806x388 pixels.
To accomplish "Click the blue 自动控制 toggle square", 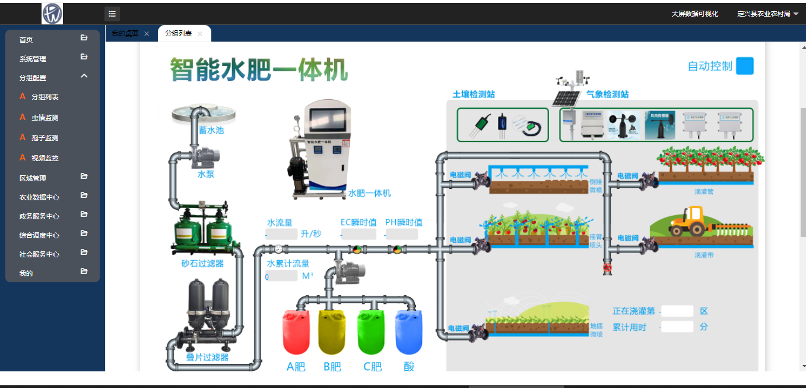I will coord(744,66).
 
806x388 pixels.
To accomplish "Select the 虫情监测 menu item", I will coord(45,118).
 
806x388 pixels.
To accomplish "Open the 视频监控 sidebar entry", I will coord(45,158).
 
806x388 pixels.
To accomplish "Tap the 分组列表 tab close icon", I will coord(200,34).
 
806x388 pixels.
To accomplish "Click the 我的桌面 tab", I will coord(125,34).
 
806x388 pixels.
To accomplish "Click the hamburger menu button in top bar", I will coord(112,14).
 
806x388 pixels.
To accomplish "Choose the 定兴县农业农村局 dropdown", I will coord(767,14).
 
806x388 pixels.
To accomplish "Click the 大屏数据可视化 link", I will coord(694,14).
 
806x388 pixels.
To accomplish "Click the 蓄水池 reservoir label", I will coord(211,130).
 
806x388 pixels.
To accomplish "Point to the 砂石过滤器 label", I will coord(202,263).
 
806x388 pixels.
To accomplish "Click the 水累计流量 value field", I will coord(282,276).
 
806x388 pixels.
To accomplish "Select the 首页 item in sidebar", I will coord(26,40).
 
